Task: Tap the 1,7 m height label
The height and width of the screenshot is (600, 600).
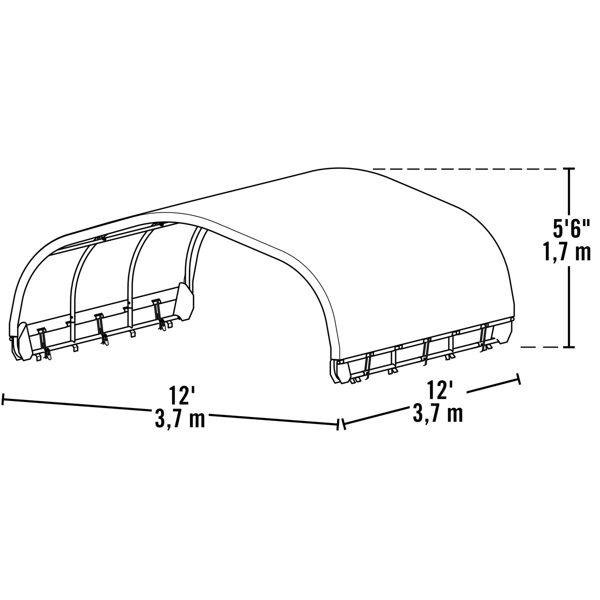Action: [x=566, y=252]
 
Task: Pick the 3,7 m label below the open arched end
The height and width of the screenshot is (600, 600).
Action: [x=179, y=419]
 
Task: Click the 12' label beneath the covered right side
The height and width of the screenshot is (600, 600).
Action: [x=440, y=390]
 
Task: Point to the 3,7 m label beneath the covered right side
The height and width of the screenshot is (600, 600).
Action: [x=438, y=413]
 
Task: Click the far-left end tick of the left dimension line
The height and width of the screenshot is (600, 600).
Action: [x=4, y=399]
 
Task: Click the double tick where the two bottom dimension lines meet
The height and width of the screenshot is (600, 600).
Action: [x=341, y=425]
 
